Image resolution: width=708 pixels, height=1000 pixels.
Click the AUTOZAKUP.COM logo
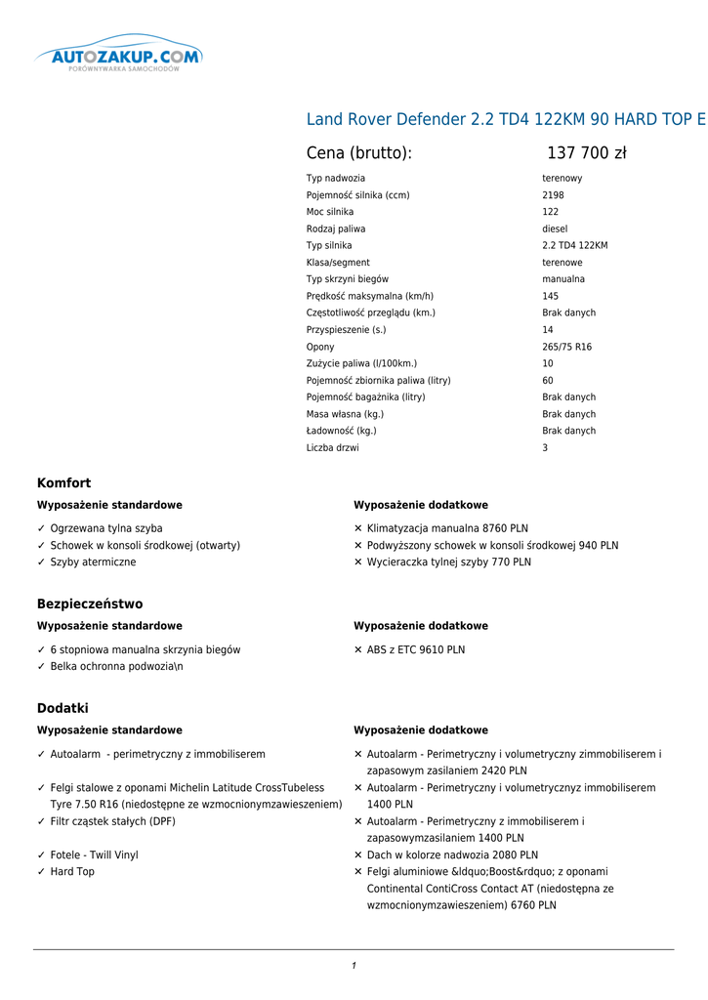118,56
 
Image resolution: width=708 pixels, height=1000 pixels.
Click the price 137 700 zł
586,153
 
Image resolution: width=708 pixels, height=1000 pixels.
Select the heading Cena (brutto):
358,153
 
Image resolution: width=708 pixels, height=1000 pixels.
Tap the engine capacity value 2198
553,195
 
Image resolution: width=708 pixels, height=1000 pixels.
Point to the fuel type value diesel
555,229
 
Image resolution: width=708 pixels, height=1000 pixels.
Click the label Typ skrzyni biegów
349,279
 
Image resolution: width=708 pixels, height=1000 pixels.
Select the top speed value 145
551,296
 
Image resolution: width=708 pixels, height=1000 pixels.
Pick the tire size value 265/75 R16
566,347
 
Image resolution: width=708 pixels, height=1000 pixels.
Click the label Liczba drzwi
332,448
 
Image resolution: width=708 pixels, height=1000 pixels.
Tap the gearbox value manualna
563,279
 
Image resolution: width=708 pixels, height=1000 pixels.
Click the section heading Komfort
63,483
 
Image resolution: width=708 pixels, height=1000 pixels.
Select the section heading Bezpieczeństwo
90,604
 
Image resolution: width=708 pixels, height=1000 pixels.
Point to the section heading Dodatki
62,708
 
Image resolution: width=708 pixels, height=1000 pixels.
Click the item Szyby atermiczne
93,562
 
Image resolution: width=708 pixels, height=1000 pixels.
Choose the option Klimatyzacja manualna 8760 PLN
446,528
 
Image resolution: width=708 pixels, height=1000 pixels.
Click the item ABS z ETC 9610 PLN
415,649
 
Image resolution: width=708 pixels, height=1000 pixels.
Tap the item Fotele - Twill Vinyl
94,855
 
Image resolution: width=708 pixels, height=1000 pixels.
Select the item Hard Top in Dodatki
72,872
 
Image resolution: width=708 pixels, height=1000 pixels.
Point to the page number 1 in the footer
354,966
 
